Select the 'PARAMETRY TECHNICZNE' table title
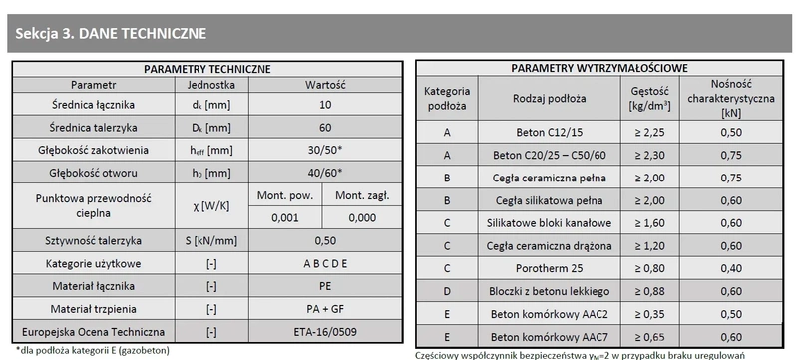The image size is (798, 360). [207, 69]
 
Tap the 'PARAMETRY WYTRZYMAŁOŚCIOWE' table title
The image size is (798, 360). [601, 68]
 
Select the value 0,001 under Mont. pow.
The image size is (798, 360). [284, 216]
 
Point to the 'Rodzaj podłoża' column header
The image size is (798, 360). [549, 98]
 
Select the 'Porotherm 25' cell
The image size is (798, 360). [549, 267]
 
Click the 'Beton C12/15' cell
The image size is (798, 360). [549, 132]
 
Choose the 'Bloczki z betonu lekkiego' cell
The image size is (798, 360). [549, 290]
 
